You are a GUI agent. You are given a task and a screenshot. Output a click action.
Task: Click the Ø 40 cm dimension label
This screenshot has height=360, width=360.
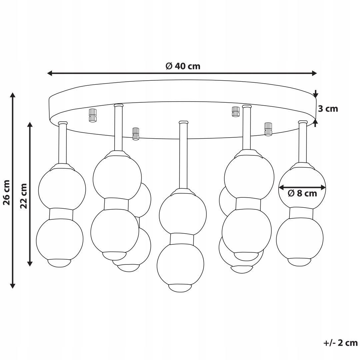click(183, 66)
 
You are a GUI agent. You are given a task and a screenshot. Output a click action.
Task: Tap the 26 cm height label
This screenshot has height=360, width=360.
click(7, 192)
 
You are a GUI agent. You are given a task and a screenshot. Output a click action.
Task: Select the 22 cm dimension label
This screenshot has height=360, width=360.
click(23, 196)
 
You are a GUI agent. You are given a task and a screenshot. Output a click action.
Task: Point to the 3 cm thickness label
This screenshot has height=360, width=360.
click(328, 109)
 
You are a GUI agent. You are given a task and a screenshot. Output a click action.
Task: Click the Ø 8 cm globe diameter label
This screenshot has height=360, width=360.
click(302, 193)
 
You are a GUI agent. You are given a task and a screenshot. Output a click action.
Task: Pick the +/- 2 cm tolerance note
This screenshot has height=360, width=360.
click(340, 343)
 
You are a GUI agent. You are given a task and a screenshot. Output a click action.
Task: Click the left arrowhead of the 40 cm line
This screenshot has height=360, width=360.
click(50, 73)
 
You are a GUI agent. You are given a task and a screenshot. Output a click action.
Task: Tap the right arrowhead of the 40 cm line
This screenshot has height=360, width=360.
click(314, 73)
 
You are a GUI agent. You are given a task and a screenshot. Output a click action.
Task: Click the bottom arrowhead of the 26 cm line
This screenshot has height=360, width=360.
click(13, 285)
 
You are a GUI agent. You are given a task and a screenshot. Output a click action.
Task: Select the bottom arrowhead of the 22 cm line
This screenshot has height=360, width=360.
click(30, 263)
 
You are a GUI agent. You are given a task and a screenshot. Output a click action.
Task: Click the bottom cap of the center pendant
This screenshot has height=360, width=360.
click(180, 288)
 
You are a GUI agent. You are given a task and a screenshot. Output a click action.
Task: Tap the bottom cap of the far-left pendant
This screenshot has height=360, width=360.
click(59, 263)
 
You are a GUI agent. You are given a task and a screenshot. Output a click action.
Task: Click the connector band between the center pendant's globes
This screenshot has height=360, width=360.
click(182, 239)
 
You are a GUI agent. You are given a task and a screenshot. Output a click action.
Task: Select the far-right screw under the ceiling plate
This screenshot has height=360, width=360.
click(268, 129)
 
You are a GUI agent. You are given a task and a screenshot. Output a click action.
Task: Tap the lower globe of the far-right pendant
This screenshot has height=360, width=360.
click(300, 238)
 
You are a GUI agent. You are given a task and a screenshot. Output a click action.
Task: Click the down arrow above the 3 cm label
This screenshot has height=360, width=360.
click(316, 94)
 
